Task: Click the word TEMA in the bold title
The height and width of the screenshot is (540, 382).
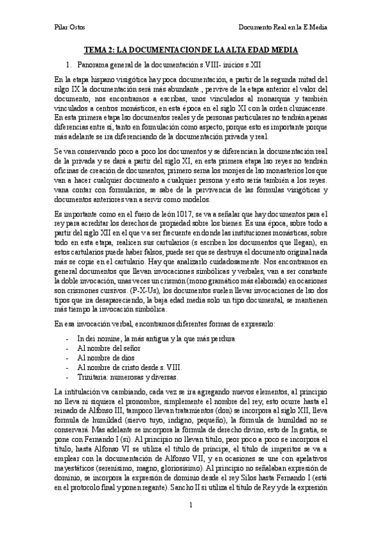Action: click(x=97, y=50)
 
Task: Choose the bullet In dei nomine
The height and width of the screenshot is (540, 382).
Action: click(x=147, y=338)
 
